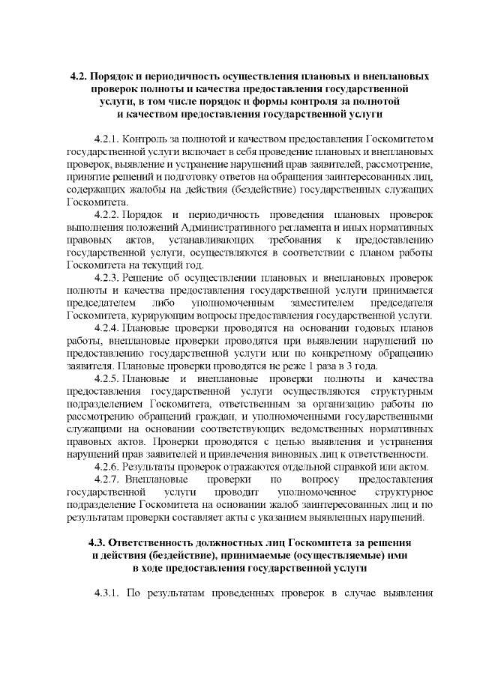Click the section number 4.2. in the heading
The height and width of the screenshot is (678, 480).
click(78, 77)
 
